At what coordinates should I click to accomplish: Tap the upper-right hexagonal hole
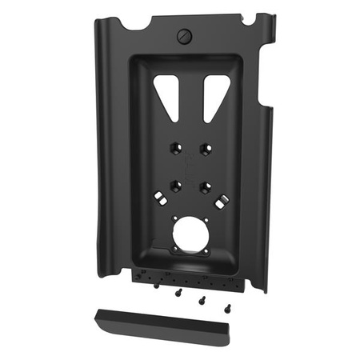point(206,150)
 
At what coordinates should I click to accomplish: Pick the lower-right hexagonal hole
point(206,187)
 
